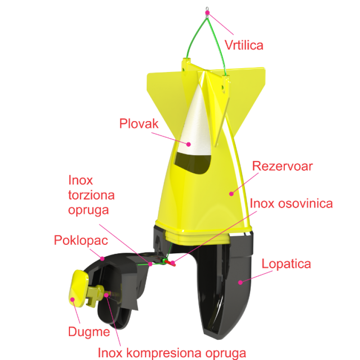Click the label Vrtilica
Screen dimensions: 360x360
[x=243, y=45]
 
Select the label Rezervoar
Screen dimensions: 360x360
[x=282, y=166]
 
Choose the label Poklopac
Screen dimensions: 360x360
[x=81, y=239]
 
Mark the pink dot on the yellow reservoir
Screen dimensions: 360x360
[x=232, y=193]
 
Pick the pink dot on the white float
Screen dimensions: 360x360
[x=189, y=144]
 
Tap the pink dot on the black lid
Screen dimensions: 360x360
[x=103, y=258]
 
